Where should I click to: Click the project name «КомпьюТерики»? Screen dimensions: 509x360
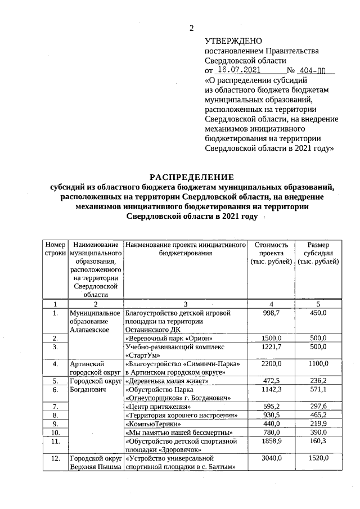(x=153, y=424)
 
